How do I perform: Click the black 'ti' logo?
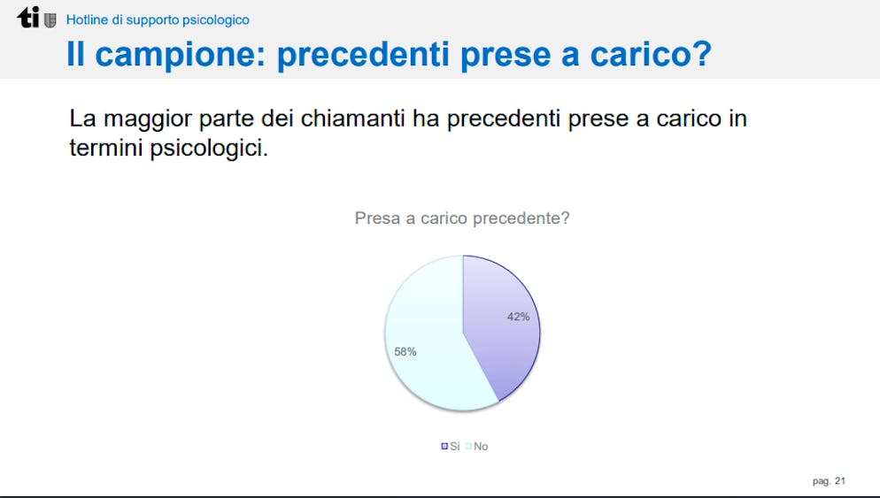28,18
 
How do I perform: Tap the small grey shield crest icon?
50,20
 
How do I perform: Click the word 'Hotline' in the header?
87,19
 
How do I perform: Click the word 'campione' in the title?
180,55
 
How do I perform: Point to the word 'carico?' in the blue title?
651,54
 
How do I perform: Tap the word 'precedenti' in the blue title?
363,55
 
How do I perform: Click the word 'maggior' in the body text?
147,119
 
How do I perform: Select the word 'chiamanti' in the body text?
352,119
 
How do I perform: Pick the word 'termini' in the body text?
106,148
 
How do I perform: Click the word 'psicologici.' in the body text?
209,149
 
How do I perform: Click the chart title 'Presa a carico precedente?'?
462,218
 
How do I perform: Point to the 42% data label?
518,317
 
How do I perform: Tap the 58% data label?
405,352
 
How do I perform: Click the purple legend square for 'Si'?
444,447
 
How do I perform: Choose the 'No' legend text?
481,447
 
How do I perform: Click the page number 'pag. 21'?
829,481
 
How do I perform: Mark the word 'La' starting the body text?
82,119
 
